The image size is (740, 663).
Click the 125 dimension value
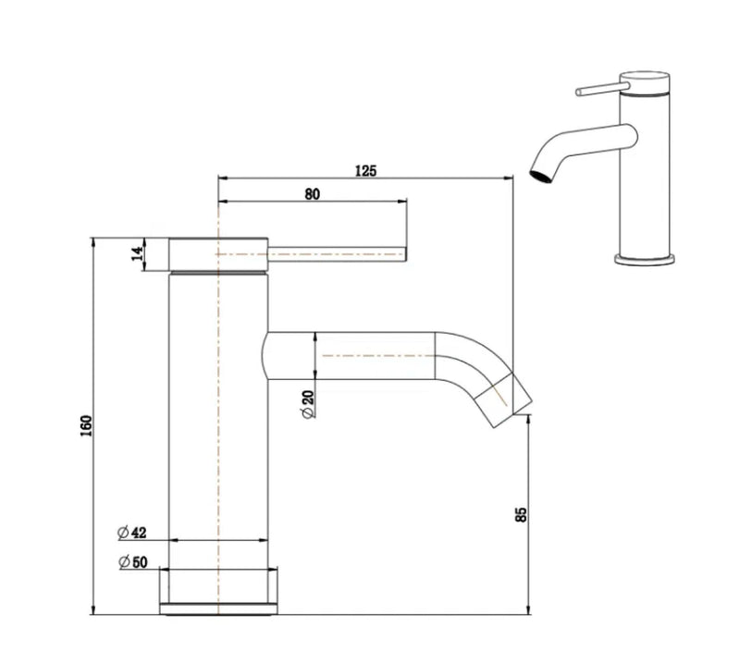(365, 170)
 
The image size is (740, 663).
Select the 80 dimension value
(312, 193)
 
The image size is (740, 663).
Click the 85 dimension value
(520, 514)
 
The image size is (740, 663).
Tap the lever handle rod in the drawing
(338, 251)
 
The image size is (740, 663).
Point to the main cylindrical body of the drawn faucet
(219, 416)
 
